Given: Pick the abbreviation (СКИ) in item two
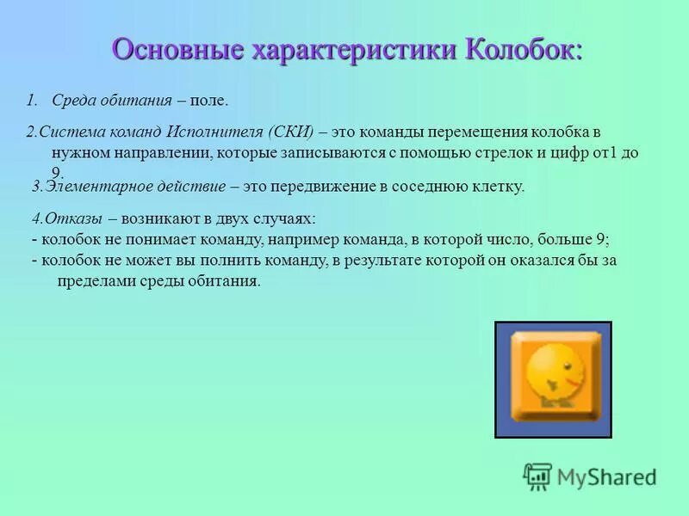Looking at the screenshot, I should pyautogui.click(x=290, y=132).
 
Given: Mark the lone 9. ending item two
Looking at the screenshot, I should pyautogui.click(x=58, y=171).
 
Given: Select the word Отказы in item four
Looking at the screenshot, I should pyautogui.click(x=73, y=219).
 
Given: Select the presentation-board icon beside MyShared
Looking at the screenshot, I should pyautogui.click(x=538, y=475).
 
